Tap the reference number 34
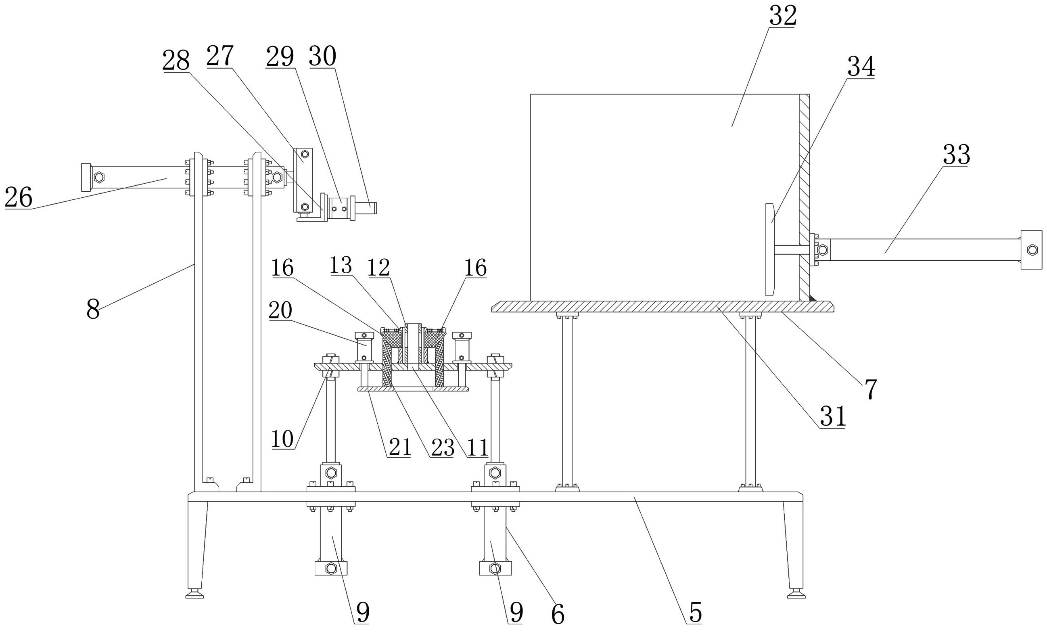[861, 67]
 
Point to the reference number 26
[19, 198]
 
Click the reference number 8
[93, 310]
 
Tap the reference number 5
[695, 613]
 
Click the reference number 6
[557, 614]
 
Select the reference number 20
[280, 310]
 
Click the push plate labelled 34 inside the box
[769, 249]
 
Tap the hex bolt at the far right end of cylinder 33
[1032, 249]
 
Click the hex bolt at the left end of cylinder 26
[99, 176]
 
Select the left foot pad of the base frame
[194, 594]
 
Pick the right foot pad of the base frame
[796, 594]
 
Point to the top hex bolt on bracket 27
[304, 153]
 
